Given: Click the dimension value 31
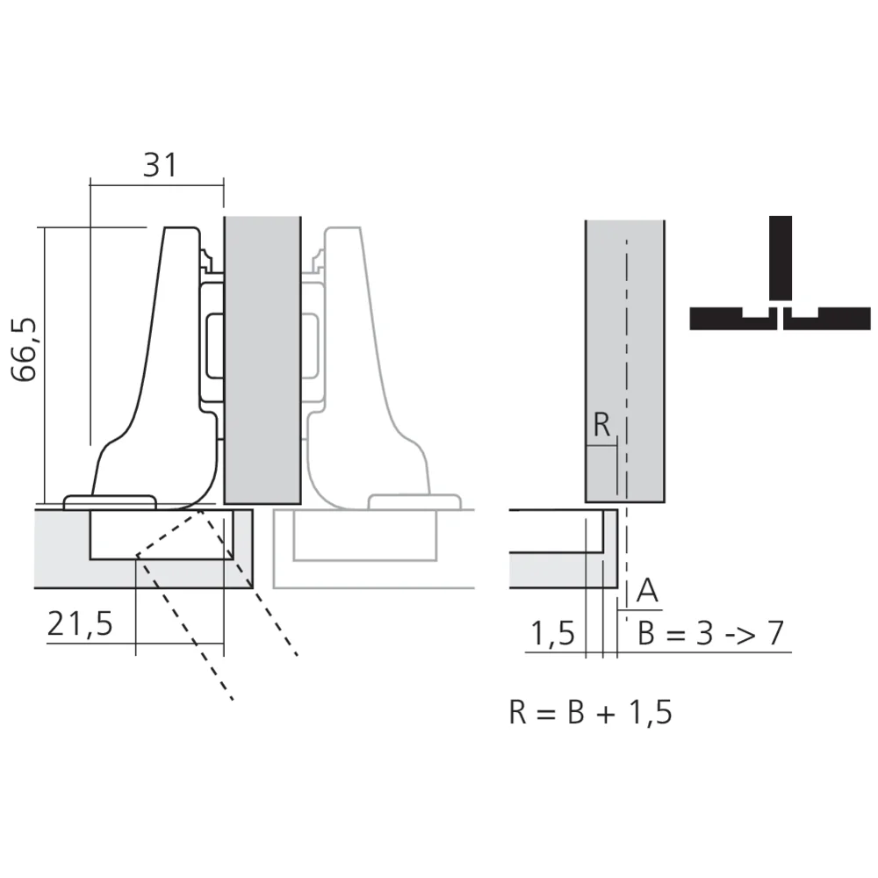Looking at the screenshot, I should pos(160,164).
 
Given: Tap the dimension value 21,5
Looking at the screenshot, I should pos(80,624).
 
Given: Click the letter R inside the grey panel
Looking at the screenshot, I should pos(601,425).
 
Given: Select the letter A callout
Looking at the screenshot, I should pos(647,592).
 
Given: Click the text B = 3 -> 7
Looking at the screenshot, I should pos(710,633).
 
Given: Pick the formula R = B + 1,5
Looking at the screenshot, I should pos(590,712).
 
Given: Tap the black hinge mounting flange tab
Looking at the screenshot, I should pos(111,501).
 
